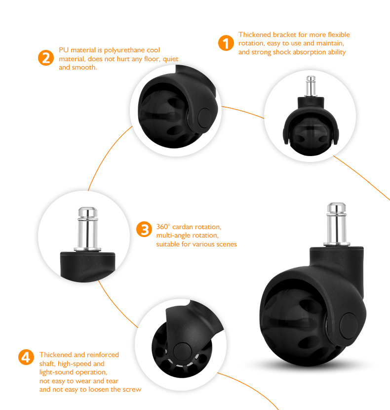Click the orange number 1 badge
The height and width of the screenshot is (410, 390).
[x=226, y=43]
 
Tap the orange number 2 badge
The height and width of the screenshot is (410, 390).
[x=46, y=58]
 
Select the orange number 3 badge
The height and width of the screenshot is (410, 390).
[x=144, y=229]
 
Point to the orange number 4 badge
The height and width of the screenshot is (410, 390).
[x=26, y=357]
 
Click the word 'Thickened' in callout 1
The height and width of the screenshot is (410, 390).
[x=255, y=35]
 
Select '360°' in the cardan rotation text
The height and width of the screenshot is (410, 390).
[x=163, y=227]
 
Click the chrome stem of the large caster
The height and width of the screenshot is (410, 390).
[x=337, y=224]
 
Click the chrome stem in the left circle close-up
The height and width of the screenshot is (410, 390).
[x=88, y=229]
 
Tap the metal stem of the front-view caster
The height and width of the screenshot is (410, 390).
[x=311, y=86]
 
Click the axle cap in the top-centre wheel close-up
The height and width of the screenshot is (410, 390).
[x=205, y=118]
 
